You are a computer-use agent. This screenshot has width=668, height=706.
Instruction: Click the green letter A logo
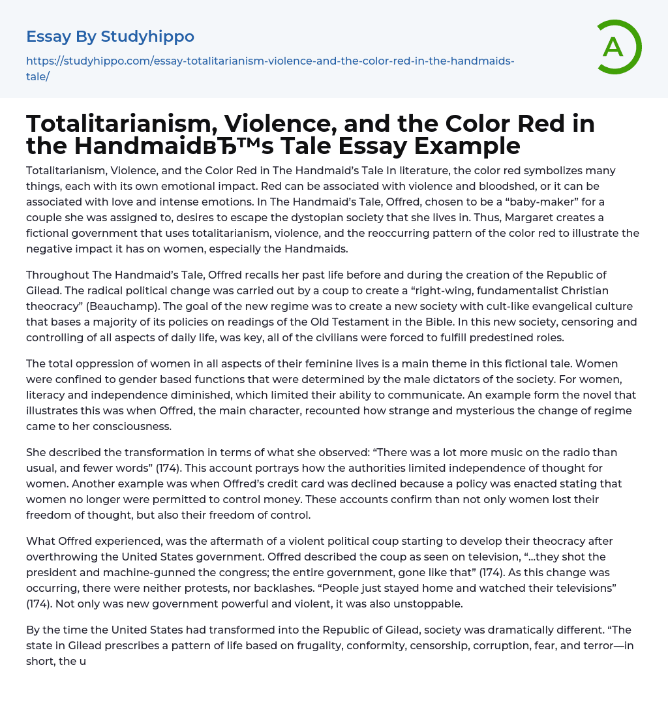point(616,47)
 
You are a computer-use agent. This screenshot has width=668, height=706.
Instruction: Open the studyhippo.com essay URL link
point(270,61)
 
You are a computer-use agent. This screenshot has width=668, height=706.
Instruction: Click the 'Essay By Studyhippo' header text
point(110,37)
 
